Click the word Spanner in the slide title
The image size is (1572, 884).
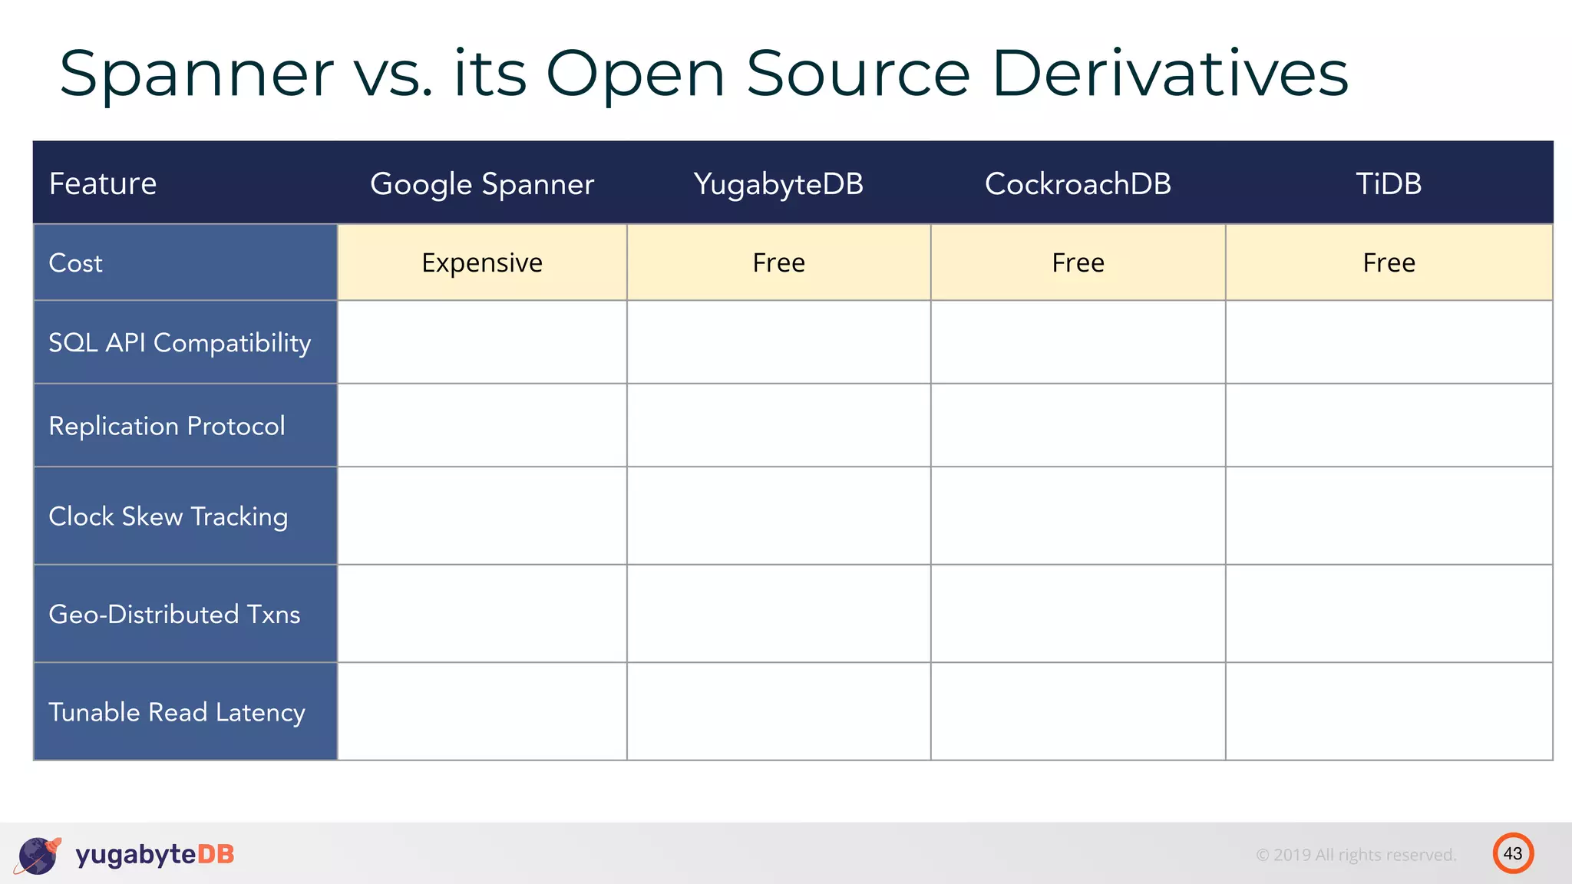(x=196, y=74)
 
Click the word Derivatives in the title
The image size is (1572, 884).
(x=1170, y=74)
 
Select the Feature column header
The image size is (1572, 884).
(x=103, y=184)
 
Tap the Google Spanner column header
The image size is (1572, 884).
(x=482, y=184)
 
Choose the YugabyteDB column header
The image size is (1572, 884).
(x=778, y=184)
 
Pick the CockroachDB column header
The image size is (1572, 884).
(x=1078, y=184)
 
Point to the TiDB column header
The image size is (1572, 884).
(x=1389, y=184)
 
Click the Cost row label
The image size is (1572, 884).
(x=75, y=263)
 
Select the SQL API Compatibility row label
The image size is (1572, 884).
(x=180, y=343)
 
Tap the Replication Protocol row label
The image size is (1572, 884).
(x=167, y=426)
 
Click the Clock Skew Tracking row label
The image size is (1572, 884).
(x=168, y=516)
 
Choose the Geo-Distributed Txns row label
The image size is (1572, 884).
(x=174, y=615)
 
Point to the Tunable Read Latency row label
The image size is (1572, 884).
(x=177, y=713)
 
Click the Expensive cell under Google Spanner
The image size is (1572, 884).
(x=482, y=263)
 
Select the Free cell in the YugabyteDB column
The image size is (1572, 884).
(x=778, y=263)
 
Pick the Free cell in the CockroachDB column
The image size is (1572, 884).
(x=1078, y=263)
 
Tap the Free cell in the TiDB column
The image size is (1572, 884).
(x=1389, y=263)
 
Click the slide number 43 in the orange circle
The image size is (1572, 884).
(x=1513, y=853)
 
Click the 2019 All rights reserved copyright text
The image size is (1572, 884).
(x=1356, y=855)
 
